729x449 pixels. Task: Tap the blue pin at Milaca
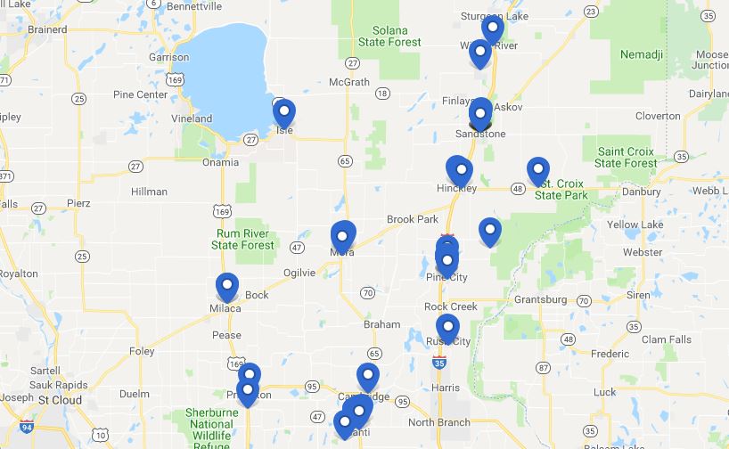[227, 288]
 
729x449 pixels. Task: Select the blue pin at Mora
[343, 236]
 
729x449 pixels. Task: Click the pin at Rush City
[446, 329]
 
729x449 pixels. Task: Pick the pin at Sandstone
[480, 113]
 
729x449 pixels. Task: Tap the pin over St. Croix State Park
[537, 171]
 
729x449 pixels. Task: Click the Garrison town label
[168, 57]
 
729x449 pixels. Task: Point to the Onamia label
[220, 162]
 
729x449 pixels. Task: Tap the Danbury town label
[642, 191]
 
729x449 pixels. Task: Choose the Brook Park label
[413, 219]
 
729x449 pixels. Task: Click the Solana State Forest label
[389, 37]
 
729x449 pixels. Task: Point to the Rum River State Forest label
[243, 240]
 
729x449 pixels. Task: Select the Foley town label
[142, 351]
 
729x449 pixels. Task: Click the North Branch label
[438, 422]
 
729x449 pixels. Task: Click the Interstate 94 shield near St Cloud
[27, 426]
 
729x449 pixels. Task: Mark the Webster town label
[643, 253]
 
